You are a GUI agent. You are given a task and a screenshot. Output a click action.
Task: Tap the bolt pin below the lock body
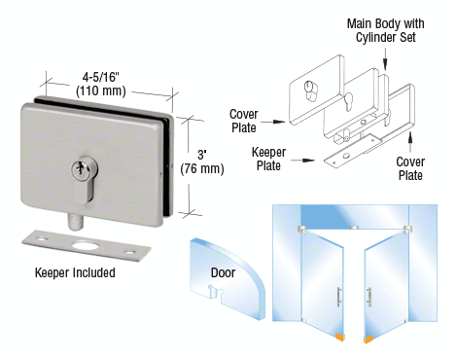75,222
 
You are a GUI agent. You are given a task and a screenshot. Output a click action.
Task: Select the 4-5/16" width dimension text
101,77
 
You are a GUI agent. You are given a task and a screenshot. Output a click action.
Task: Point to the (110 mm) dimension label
101,90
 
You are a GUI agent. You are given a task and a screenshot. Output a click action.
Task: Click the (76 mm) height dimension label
202,168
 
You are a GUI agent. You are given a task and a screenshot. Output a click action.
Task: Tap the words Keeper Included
75,272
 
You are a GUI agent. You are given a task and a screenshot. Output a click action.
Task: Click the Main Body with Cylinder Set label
385,30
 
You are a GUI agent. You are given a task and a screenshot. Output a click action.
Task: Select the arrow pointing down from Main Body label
385,59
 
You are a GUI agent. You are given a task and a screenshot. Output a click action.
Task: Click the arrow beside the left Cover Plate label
273,122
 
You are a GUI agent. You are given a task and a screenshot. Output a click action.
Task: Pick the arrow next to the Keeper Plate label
302,161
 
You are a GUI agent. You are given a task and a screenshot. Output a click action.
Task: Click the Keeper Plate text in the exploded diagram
268,159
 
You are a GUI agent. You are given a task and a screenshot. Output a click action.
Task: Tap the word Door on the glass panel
223,272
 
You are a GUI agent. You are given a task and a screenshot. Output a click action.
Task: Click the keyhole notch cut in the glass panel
213,290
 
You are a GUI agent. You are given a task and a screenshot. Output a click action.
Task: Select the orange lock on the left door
340,338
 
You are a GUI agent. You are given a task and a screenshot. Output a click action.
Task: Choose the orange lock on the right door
369,340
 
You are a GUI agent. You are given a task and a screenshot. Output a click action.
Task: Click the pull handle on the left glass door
339,297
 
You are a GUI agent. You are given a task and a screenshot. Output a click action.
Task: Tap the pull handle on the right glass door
369,297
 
